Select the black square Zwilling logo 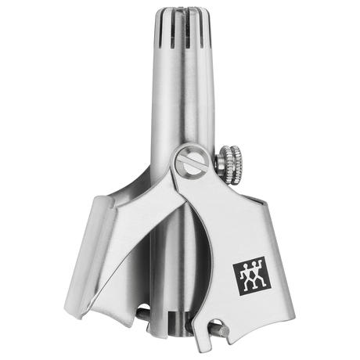(x=248, y=276)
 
